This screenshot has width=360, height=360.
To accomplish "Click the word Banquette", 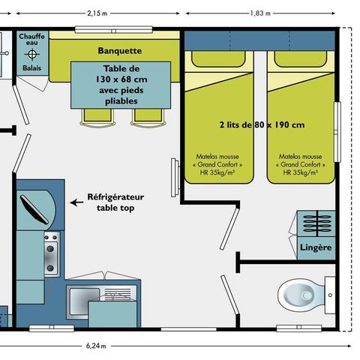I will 120,50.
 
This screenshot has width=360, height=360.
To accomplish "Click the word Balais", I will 32,67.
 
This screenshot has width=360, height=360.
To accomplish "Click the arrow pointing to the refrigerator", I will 75,202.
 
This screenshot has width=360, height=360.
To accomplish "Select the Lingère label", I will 316,247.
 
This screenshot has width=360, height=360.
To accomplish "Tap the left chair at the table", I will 96,115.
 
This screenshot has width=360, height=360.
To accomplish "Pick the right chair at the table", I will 144,115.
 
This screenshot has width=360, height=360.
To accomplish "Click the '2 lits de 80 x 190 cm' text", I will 262,125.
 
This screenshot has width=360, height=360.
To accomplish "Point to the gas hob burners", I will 51,254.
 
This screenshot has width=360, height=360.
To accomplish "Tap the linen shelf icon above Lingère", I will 315,224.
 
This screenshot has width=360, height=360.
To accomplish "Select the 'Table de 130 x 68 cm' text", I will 121,83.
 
